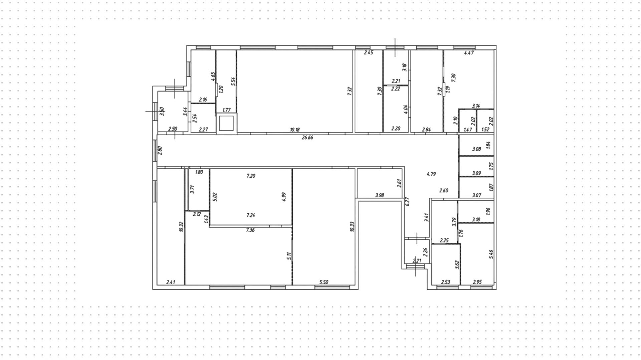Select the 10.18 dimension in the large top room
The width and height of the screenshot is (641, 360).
tap(295, 130)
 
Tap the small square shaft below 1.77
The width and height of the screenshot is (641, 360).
tap(227, 123)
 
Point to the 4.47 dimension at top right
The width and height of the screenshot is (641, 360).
tap(469, 52)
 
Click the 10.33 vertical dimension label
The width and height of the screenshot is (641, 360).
tap(352, 226)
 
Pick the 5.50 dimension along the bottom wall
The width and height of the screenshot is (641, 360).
tap(324, 282)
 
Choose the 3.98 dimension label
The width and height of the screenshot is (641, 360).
tap(380, 195)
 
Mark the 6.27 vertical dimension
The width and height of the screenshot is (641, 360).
tap(407, 201)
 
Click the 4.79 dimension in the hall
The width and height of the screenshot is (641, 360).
tap(431, 174)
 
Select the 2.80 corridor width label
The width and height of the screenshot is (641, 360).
tap(160, 150)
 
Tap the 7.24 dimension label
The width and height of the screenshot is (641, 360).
tap(251, 215)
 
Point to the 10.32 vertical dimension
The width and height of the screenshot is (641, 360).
tap(181, 226)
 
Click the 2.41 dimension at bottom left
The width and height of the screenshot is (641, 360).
tap(171, 282)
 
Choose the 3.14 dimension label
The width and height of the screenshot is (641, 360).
tap(476, 106)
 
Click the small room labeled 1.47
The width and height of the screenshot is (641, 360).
tap(468, 122)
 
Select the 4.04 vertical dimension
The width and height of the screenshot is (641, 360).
tap(406, 109)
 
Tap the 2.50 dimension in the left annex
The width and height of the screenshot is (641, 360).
tap(173, 129)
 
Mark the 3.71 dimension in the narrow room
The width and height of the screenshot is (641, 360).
tap(192, 189)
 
